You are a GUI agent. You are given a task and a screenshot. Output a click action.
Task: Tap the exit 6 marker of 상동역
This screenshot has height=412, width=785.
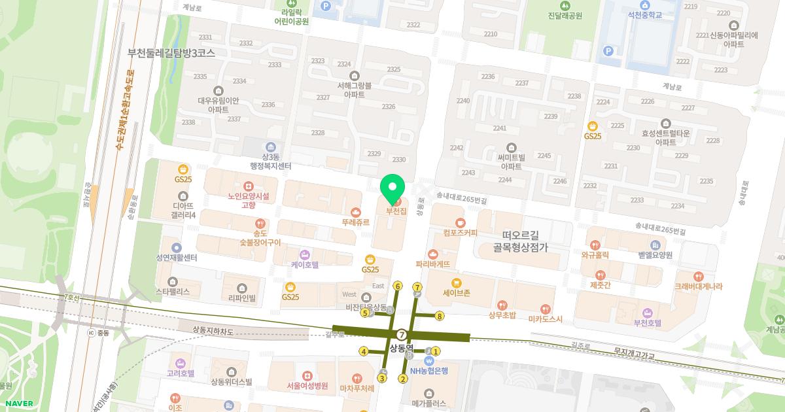click(397, 286)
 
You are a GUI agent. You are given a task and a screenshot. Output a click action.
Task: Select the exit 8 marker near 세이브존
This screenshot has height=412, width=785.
click(440, 317)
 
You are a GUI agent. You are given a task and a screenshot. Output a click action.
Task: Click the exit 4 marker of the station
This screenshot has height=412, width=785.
click(363, 352)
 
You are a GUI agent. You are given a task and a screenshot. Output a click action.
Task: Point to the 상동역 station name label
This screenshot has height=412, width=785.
click(402, 347)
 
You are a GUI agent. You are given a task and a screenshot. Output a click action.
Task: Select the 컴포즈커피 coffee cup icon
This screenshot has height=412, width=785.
click(461, 222)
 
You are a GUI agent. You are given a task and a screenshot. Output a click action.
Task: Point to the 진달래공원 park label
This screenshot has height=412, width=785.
click(565, 16)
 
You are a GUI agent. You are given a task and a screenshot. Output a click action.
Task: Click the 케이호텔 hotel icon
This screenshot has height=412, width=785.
click(304, 254)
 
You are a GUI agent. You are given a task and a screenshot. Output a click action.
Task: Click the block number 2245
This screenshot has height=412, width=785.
click(544, 156)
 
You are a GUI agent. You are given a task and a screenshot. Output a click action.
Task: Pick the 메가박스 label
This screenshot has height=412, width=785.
click(429, 403)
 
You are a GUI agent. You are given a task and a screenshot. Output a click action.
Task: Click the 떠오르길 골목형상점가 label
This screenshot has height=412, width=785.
click(520, 241)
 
